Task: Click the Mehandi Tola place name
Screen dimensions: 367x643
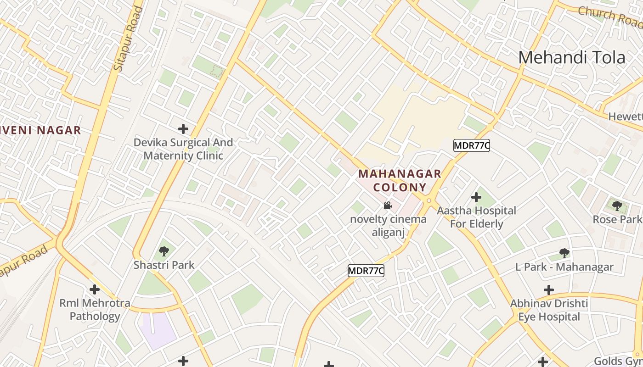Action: [571, 57]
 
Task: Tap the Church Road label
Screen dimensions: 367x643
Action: [610, 16]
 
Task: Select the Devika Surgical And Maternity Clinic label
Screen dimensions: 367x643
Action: [183, 149]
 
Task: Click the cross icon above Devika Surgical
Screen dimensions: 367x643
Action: [183, 129]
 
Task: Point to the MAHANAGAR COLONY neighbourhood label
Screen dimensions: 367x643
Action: [400, 181]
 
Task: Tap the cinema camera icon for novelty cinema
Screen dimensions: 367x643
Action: [388, 205]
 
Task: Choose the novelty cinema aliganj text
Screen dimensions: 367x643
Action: [388, 226]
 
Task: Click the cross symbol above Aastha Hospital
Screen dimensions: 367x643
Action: [476, 198]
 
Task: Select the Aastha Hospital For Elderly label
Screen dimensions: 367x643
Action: [476, 217]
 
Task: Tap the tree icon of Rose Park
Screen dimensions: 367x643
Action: [617, 206]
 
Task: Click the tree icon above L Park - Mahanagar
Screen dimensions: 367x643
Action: [564, 253]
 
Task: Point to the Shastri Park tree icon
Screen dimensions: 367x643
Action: [164, 251]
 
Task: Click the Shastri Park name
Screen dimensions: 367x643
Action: [164, 265]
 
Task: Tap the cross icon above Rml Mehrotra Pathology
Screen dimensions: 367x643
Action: [95, 289]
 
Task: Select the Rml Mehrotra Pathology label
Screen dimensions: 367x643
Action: [95, 310]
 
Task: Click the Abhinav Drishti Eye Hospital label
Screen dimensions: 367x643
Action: [549, 310]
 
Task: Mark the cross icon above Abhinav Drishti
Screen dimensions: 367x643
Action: [549, 290]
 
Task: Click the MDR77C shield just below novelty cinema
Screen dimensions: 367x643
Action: [366, 271]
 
